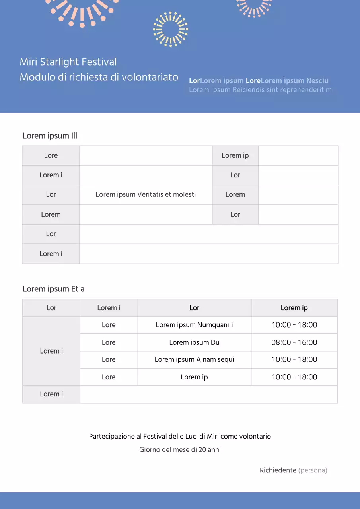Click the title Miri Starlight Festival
pyautogui.click(x=68, y=62)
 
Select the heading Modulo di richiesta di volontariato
pyautogui.click(x=99, y=77)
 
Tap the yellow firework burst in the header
pyautogui.click(x=170, y=29)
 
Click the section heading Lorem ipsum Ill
pyautogui.click(x=50, y=136)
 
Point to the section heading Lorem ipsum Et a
pyautogui.click(x=53, y=289)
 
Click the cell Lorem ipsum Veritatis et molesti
pyautogui.click(x=146, y=194)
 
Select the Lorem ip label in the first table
pyautogui.click(x=235, y=155)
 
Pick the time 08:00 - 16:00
pyautogui.click(x=294, y=342)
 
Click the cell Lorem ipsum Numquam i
pyautogui.click(x=194, y=325)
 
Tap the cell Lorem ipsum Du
pyautogui.click(x=194, y=342)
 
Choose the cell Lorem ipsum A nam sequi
pyautogui.click(x=194, y=359)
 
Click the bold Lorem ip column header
pyautogui.click(x=294, y=308)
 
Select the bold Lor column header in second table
pyautogui.click(x=194, y=308)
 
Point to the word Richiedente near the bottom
pyautogui.click(x=278, y=470)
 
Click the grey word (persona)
pyautogui.click(x=313, y=470)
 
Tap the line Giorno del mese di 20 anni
pyautogui.click(x=180, y=450)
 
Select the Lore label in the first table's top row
pyautogui.click(x=51, y=155)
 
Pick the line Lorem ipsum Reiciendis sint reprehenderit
pyautogui.click(x=260, y=90)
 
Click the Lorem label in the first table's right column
pyautogui.click(x=235, y=194)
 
